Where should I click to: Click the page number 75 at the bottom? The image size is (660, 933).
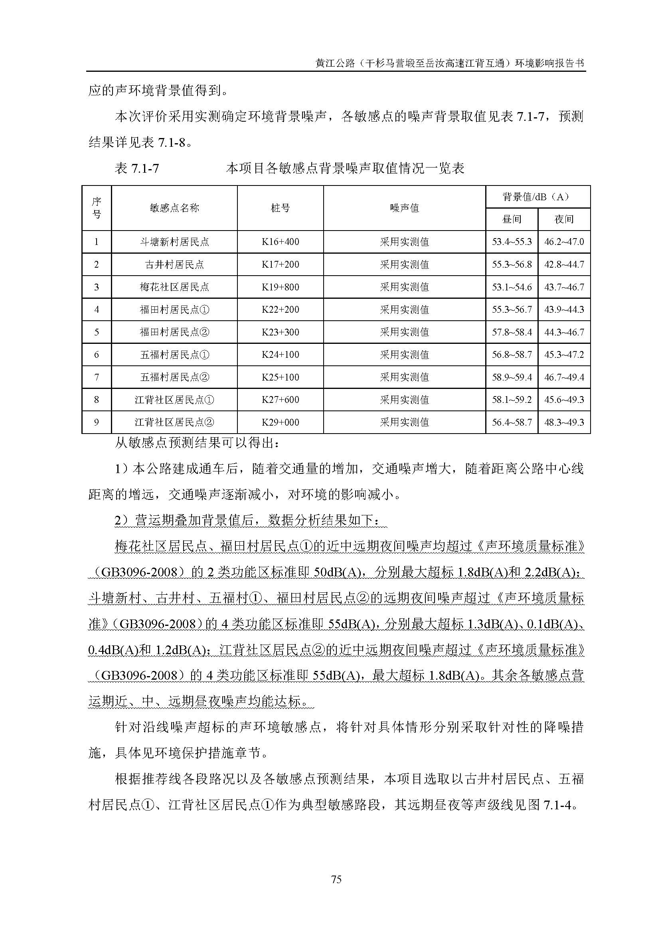(336, 880)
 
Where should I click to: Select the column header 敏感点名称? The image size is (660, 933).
(174, 208)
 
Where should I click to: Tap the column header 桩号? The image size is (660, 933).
(280, 208)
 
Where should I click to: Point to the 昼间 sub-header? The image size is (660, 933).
(511, 219)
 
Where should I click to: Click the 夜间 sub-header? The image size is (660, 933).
(564, 219)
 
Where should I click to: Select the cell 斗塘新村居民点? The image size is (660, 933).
(174, 242)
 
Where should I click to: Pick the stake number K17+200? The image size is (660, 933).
(280, 264)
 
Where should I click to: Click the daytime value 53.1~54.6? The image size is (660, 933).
(511, 287)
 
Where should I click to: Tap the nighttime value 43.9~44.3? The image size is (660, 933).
(564, 310)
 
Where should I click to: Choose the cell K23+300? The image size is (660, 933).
(280, 332)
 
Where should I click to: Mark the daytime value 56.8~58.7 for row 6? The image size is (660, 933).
(511, 355)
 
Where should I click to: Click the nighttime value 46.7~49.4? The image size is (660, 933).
(564, 377)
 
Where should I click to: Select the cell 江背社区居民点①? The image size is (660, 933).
(174, 400)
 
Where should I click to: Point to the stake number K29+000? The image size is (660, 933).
(280, 422)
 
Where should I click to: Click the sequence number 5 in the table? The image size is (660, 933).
(96, 332)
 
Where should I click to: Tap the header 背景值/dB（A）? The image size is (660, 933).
(537, 197)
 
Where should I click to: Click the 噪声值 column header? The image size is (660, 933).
(404, 208)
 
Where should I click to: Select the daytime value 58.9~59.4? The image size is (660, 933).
(511, 377)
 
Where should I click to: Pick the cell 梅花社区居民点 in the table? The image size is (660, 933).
(174, 287)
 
